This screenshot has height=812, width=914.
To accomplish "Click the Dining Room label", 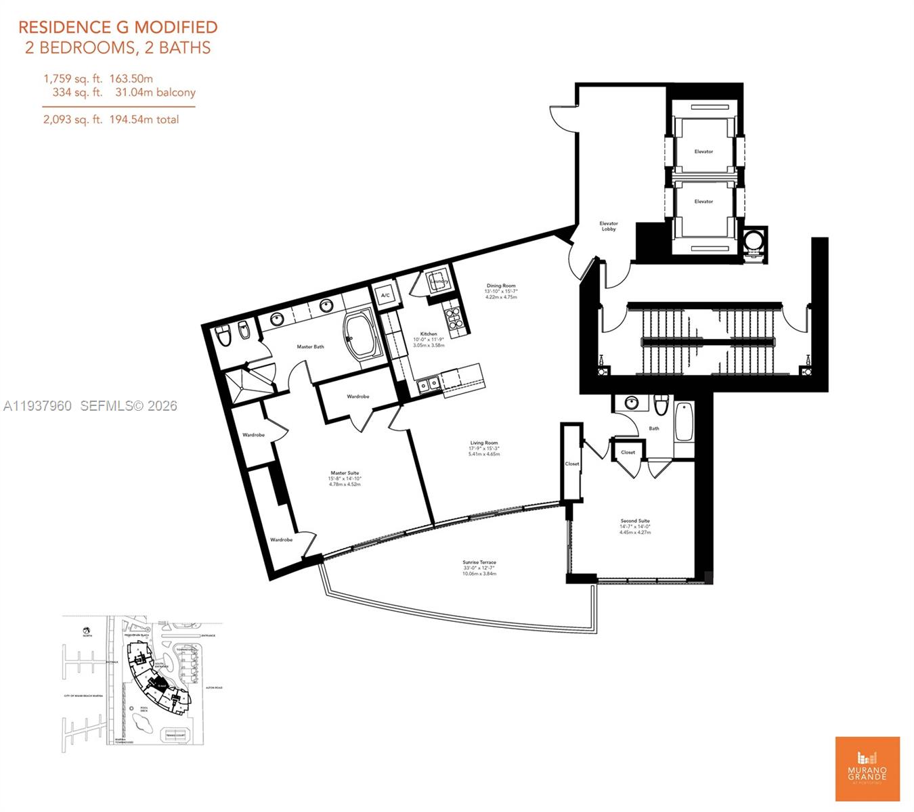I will pos(500,286).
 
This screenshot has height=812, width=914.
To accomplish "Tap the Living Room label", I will pos(483,443).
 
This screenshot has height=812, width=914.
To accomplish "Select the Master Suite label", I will pos(345,474).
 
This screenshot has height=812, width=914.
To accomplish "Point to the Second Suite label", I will pos(634,522).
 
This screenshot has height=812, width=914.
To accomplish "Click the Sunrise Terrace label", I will pos(479,563).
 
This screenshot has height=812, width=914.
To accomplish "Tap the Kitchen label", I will pos(429,334).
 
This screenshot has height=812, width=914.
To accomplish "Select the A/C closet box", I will pos(385,296).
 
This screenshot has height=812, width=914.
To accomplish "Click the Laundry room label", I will pos(439,281).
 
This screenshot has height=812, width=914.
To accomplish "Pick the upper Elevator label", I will pos(703,152).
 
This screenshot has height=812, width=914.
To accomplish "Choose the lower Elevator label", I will pos(703,202).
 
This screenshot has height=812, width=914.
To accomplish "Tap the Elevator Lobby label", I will pos(609,226).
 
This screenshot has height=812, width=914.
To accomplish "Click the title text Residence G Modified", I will pos(118,27).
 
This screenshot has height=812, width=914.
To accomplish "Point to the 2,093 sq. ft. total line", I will pos(111,120).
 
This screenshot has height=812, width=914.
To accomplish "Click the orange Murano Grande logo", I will pos(867,769).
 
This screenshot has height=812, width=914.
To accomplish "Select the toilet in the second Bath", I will pos(661,405).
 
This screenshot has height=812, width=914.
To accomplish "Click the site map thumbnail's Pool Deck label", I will pos(144,709).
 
